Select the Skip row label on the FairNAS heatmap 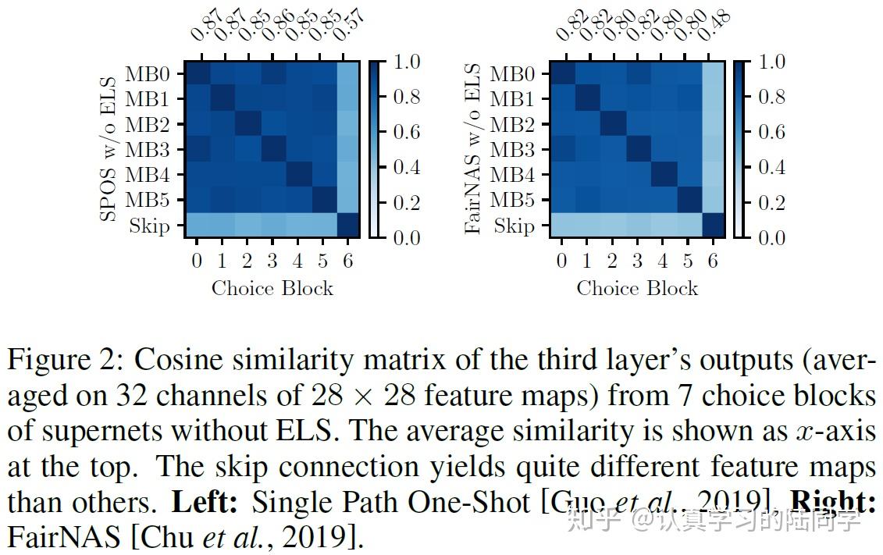513,226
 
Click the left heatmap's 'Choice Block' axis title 272,288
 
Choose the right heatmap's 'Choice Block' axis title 637,288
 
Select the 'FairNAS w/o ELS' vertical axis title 473,148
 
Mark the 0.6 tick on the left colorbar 404,132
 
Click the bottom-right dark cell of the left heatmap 347,225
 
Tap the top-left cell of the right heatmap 562,73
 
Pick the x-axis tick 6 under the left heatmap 348,261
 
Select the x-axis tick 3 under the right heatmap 637,261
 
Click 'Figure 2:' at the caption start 66,361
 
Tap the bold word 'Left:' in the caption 204,502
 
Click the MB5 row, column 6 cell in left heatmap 347,200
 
